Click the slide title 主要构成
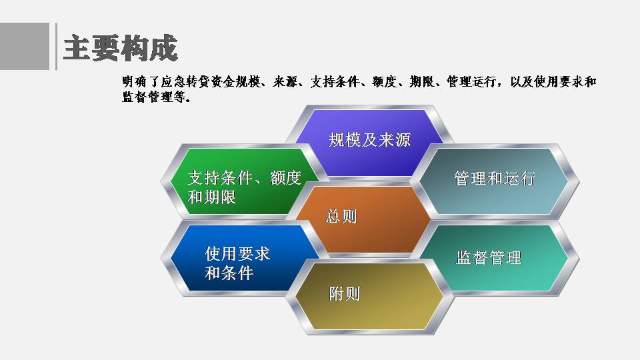tap(121, 48)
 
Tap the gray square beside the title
tap(25, 46)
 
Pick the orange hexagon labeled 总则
tap(363, 219)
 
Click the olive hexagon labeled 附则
tap(369, 297)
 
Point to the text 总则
tap(341, 216)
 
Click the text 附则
tap(345, 293)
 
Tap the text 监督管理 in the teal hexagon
tap(489, 257)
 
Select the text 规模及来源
tap(369, 140)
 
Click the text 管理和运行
tap(495, 179)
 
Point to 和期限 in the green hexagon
tap(212, 197)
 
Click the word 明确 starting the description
tap(134, 82)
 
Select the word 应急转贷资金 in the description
tap(198, 82)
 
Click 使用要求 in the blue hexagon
tap(237, 254)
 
